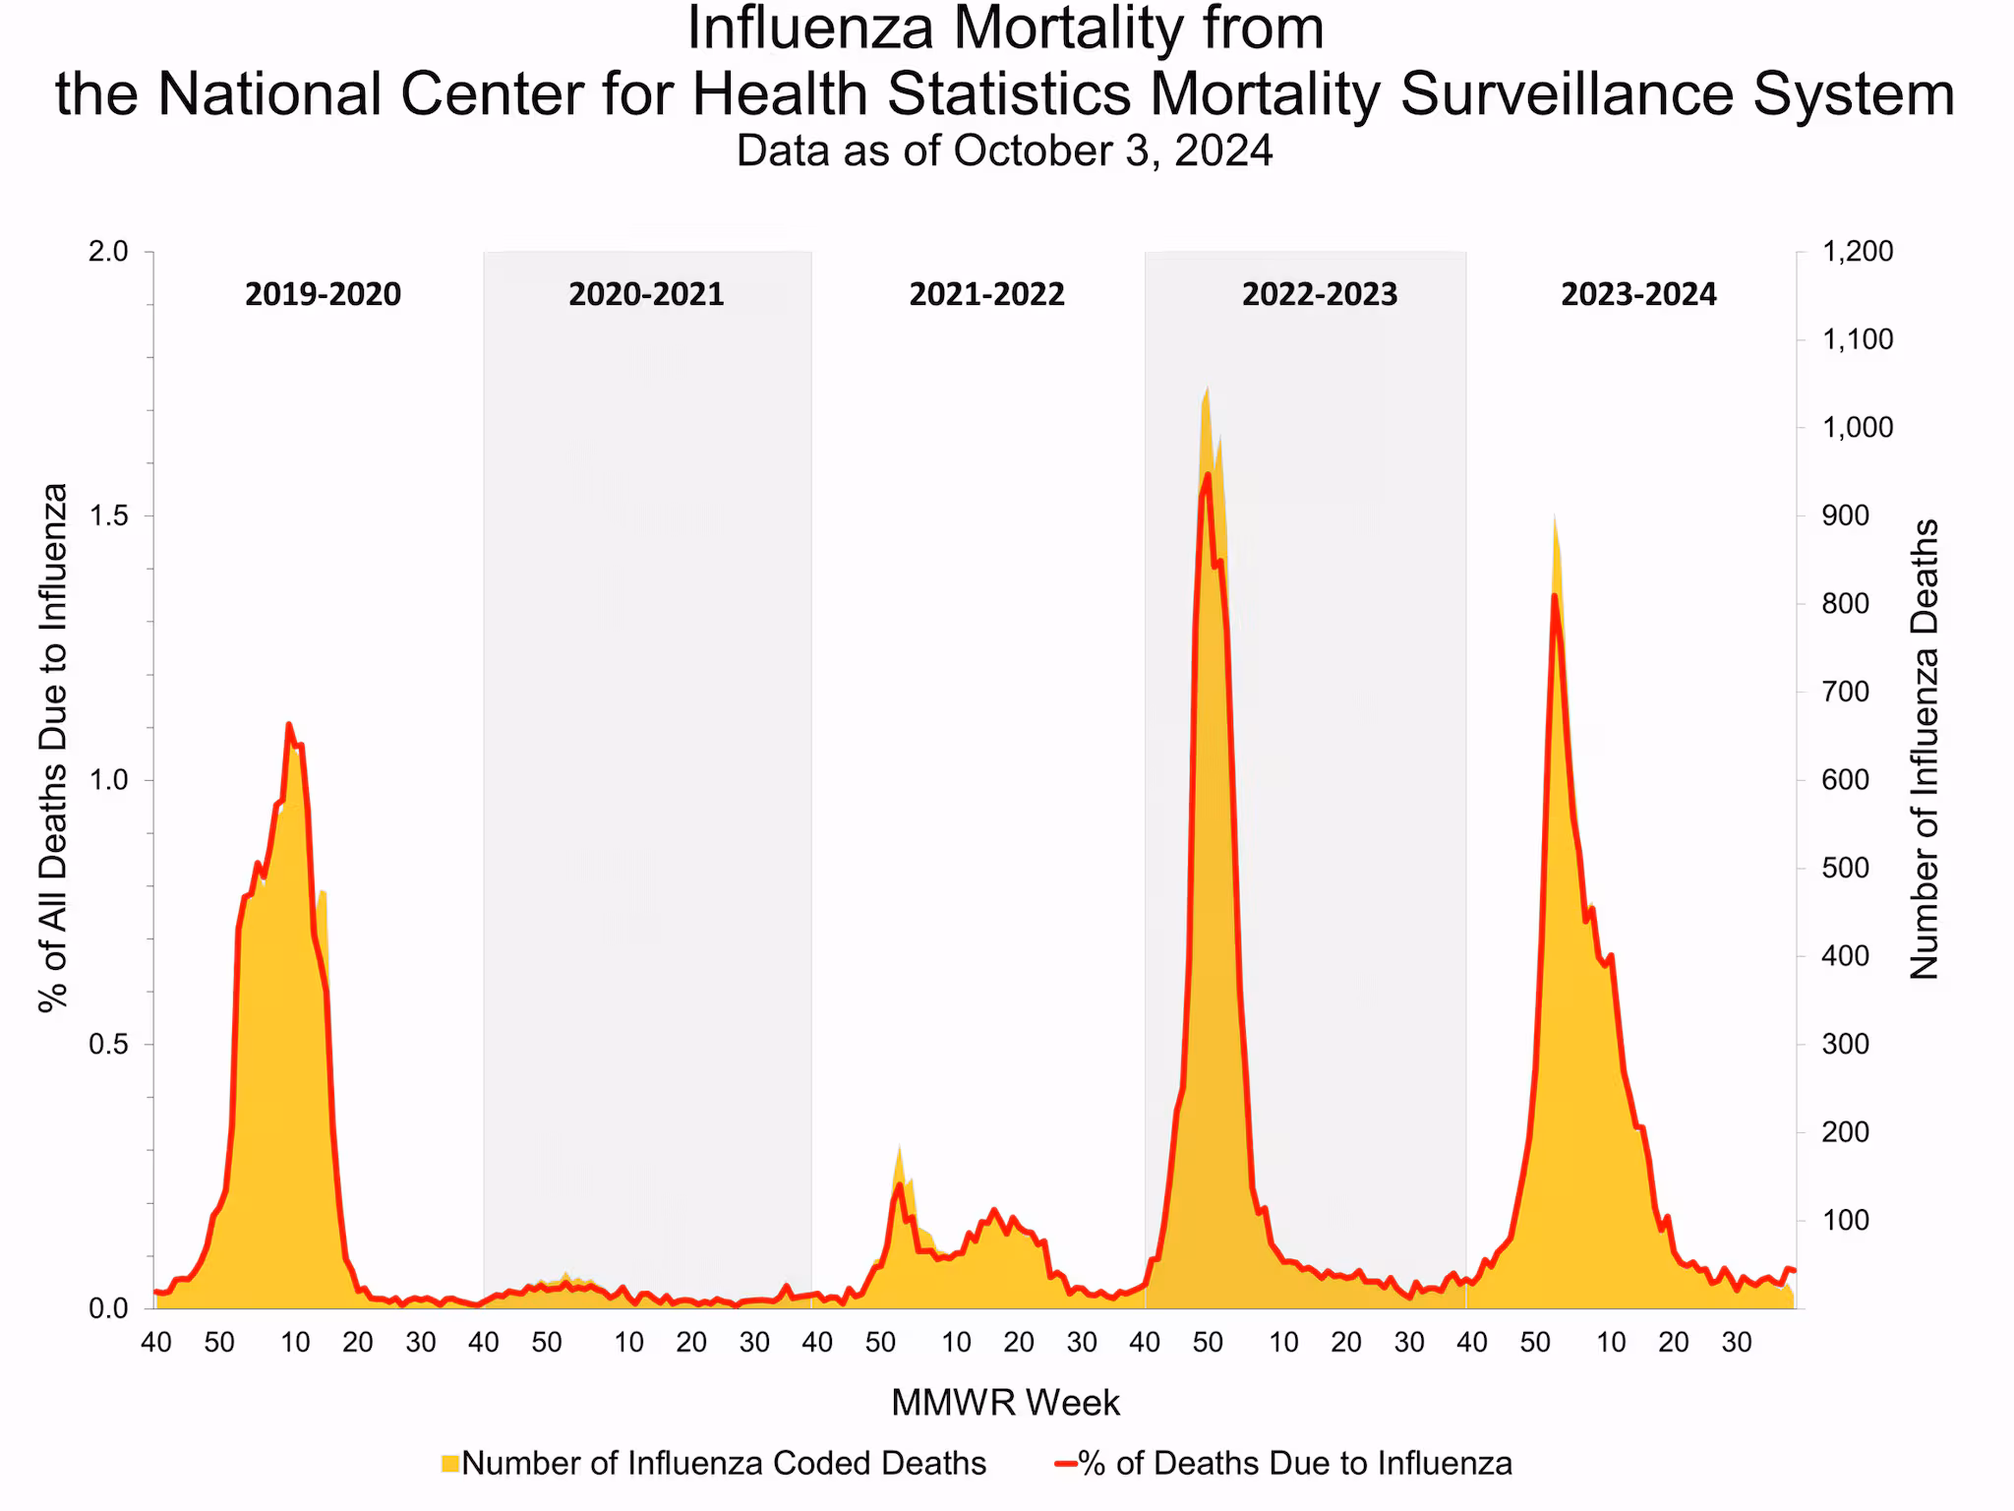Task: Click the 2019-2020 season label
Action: (x=323, y=294)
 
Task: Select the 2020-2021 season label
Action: (x=646, y=294)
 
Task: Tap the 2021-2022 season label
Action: (x=986, y=294)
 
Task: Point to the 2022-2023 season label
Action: (x=1319, y=294)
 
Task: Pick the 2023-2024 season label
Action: (x=1638, y=294)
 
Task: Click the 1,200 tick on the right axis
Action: (x=1857, y=252)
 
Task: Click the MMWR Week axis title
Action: (x=1005, y=1403)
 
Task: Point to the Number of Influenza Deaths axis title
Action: (x=1924, y=750)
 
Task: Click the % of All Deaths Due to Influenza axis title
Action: (x=53, y=748)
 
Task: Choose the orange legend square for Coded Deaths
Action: (x=450, y=1464)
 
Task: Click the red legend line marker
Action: (x=1065, y=1464)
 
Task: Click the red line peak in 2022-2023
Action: (x=1208, y=475)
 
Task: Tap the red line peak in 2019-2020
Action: (x=288, y=725)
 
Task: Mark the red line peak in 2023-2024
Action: (x=1554, y=595)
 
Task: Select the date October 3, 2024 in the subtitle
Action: (x=1112, y=151)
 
